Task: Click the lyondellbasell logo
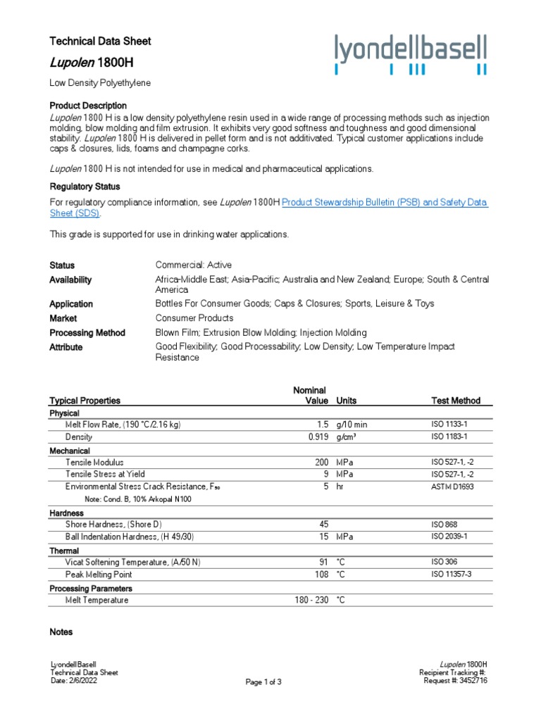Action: [x=411, y=55]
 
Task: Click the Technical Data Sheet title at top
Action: [x=100, y=42]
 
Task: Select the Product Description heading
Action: [x=88, y=105]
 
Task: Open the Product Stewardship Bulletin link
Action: [x=385, y=202]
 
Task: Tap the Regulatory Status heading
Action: [x=85, y=187]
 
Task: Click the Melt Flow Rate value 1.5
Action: [x=323, y=425]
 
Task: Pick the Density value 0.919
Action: [x=318, y=437]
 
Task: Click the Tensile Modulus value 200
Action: [x=321, y=463]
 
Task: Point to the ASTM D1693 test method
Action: [x=455, y=487]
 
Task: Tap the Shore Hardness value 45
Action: [x=324, y=525]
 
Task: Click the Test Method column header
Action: [x=455, y=401]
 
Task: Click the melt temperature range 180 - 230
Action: [x=311, y=600]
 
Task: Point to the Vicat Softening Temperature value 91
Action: [x=325, y=562]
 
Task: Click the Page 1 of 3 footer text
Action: [x=263, y=682]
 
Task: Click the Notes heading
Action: [x=61, y=632]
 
